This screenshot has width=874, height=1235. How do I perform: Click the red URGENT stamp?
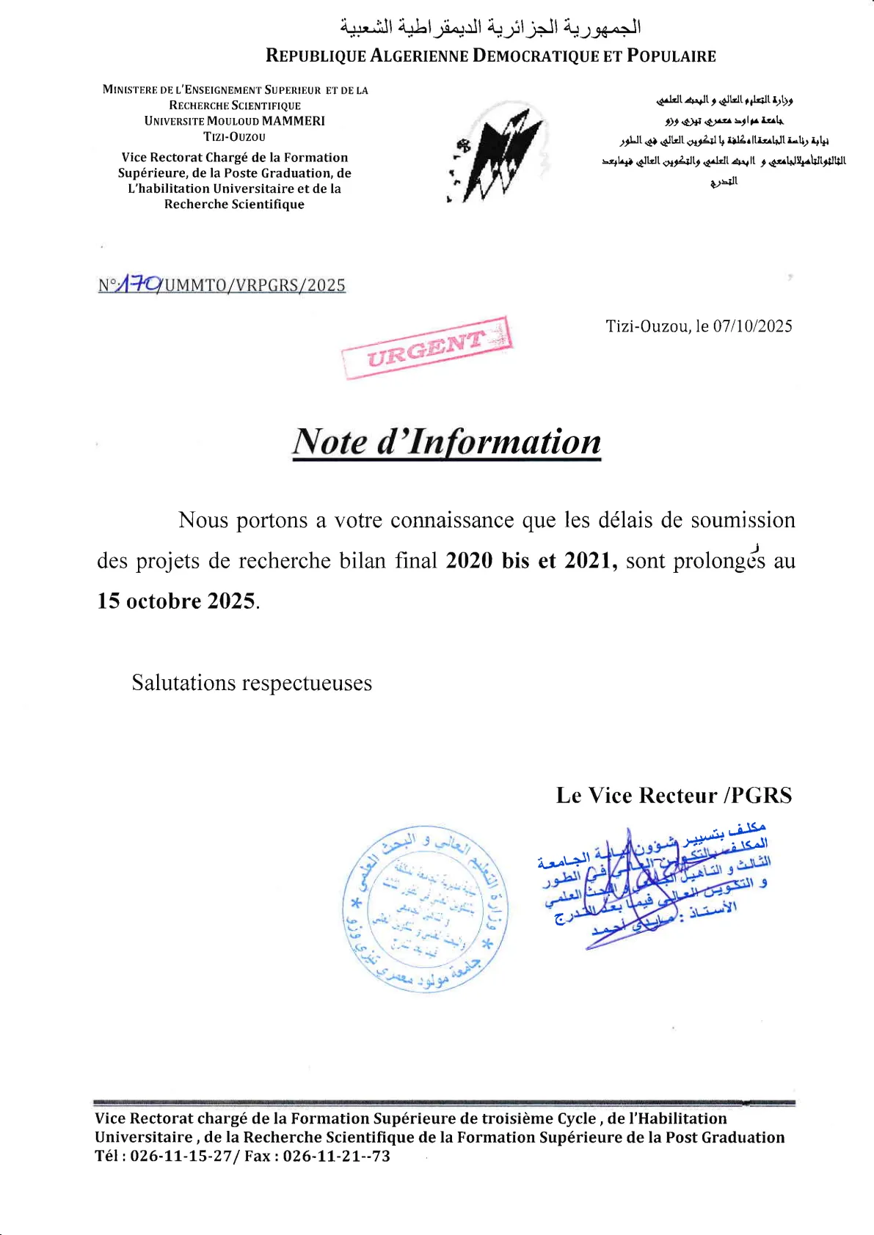point(426,347)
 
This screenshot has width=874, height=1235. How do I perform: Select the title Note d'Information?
point(447,442)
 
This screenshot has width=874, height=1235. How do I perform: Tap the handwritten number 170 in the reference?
point(140,283)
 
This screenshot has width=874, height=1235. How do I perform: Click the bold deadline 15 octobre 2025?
point(177,601)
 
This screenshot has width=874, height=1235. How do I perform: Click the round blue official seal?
point(426,909)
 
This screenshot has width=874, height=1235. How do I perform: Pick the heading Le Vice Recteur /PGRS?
point(674,796)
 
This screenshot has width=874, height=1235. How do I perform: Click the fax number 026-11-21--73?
point(337,1157)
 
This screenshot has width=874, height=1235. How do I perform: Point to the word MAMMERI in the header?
point(293,121)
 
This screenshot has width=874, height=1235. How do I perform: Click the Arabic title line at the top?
point(490,28)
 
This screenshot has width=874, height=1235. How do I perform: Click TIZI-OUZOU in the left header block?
point(234,137)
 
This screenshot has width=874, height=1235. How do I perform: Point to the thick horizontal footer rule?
point(444,1102)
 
